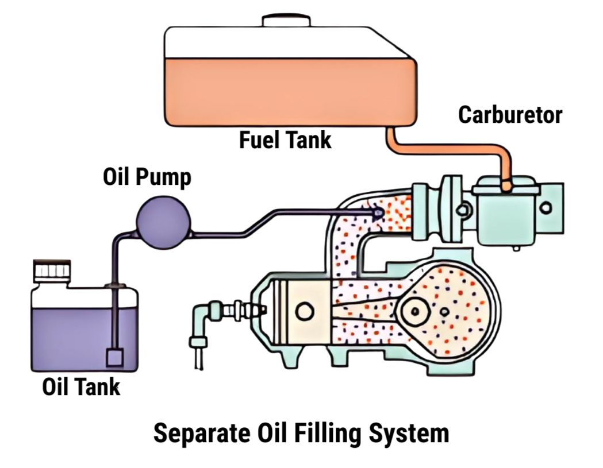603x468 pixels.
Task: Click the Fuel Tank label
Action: click(x=286, y=139)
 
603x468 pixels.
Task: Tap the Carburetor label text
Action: click(x=509, y=115)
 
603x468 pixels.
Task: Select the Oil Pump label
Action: click(x=147, y=177)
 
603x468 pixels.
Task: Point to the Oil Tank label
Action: click(x=81, y=387)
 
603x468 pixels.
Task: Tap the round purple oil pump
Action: click(x=163, y=221)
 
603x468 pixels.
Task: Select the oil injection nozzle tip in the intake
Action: click(x=377, y=212)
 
